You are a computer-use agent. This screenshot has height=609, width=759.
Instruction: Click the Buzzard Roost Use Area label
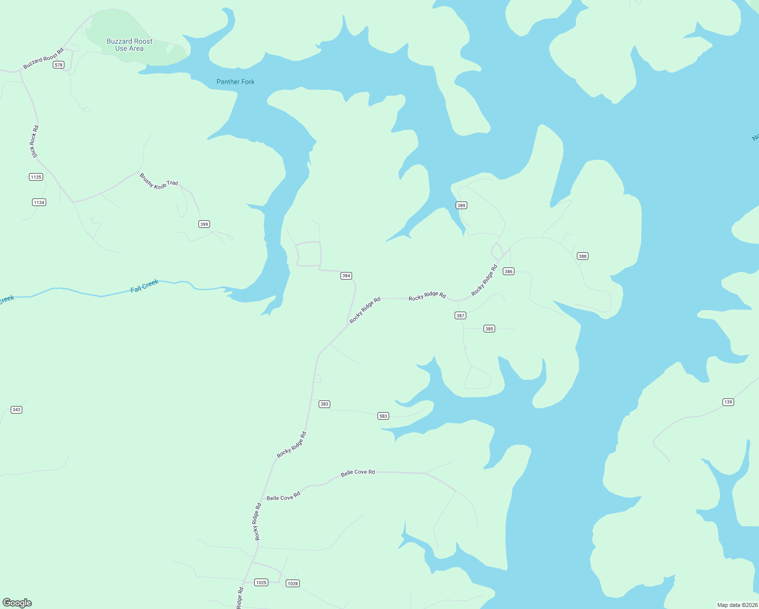[x=129, y=45]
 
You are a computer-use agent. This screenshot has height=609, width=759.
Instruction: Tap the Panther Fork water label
[x=235, y=82]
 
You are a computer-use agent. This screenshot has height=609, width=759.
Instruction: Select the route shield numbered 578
[x=59, y=65]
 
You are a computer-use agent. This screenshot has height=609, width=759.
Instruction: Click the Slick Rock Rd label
[x=34, y=142]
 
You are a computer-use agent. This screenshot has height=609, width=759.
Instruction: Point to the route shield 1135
[x=36, y=177]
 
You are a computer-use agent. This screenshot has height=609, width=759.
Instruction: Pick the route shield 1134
[x=39, y=202]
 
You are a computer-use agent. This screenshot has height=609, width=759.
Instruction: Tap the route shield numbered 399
[x=204, y=224]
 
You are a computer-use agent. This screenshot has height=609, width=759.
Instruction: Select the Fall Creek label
[x=145, y=286]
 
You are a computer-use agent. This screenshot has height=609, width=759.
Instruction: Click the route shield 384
[x=346, y=276]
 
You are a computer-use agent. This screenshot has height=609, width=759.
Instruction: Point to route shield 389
[x=461, y=206]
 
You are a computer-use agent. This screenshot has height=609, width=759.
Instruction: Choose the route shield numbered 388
[x=582, y=256]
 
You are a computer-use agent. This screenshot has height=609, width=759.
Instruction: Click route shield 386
[x=508, y=272]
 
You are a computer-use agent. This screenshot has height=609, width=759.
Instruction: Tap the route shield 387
[x=460, y=316]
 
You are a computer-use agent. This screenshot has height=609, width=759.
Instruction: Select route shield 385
[x=489, y=329]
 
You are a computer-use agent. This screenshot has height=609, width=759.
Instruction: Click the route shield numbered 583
[x=383, y=416]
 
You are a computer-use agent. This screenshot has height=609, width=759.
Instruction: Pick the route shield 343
[x=16, y=410]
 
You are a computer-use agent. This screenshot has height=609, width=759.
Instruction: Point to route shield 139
[x=728, y=402]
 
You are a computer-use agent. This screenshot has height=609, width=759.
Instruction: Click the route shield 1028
[x=293, y=584]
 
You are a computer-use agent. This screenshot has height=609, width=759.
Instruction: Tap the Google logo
[x=17, y=603]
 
